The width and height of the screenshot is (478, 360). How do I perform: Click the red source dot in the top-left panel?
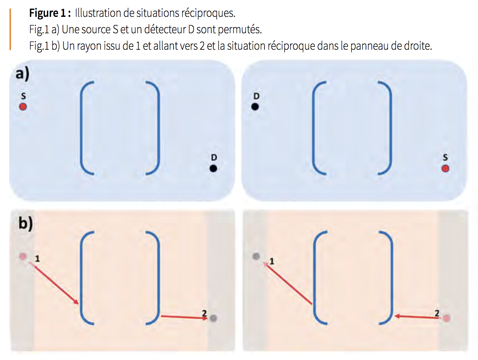pos(23,106)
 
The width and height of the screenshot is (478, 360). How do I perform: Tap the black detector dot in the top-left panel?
pos(213,168)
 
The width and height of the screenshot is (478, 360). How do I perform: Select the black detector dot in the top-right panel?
pos(255,106)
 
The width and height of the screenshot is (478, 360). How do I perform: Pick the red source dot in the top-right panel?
pos(446,168)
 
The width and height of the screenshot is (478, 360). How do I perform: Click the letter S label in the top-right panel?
pos(446,157)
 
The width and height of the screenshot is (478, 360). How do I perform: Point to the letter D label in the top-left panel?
pos(214,157)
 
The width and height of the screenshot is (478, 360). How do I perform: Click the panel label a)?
pos(23,74)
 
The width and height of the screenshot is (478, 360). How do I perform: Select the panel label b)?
pos(26,223)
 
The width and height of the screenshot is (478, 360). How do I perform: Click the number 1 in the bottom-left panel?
pos(37,259)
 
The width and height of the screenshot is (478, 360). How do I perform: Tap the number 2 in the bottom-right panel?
pos(437,313)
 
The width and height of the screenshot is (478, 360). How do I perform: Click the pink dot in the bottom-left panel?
pos(23,256)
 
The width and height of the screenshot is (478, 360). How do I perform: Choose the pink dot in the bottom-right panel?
pos(447,318)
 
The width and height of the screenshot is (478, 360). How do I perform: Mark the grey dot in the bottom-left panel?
pos(213,318)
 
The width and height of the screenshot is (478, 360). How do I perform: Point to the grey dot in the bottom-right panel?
pos(256,256)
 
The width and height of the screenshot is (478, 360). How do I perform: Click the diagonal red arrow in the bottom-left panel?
pos(54,283)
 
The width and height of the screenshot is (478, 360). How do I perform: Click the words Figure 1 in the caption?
pos(48,13)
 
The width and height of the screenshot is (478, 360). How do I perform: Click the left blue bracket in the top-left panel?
pos(81,128)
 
